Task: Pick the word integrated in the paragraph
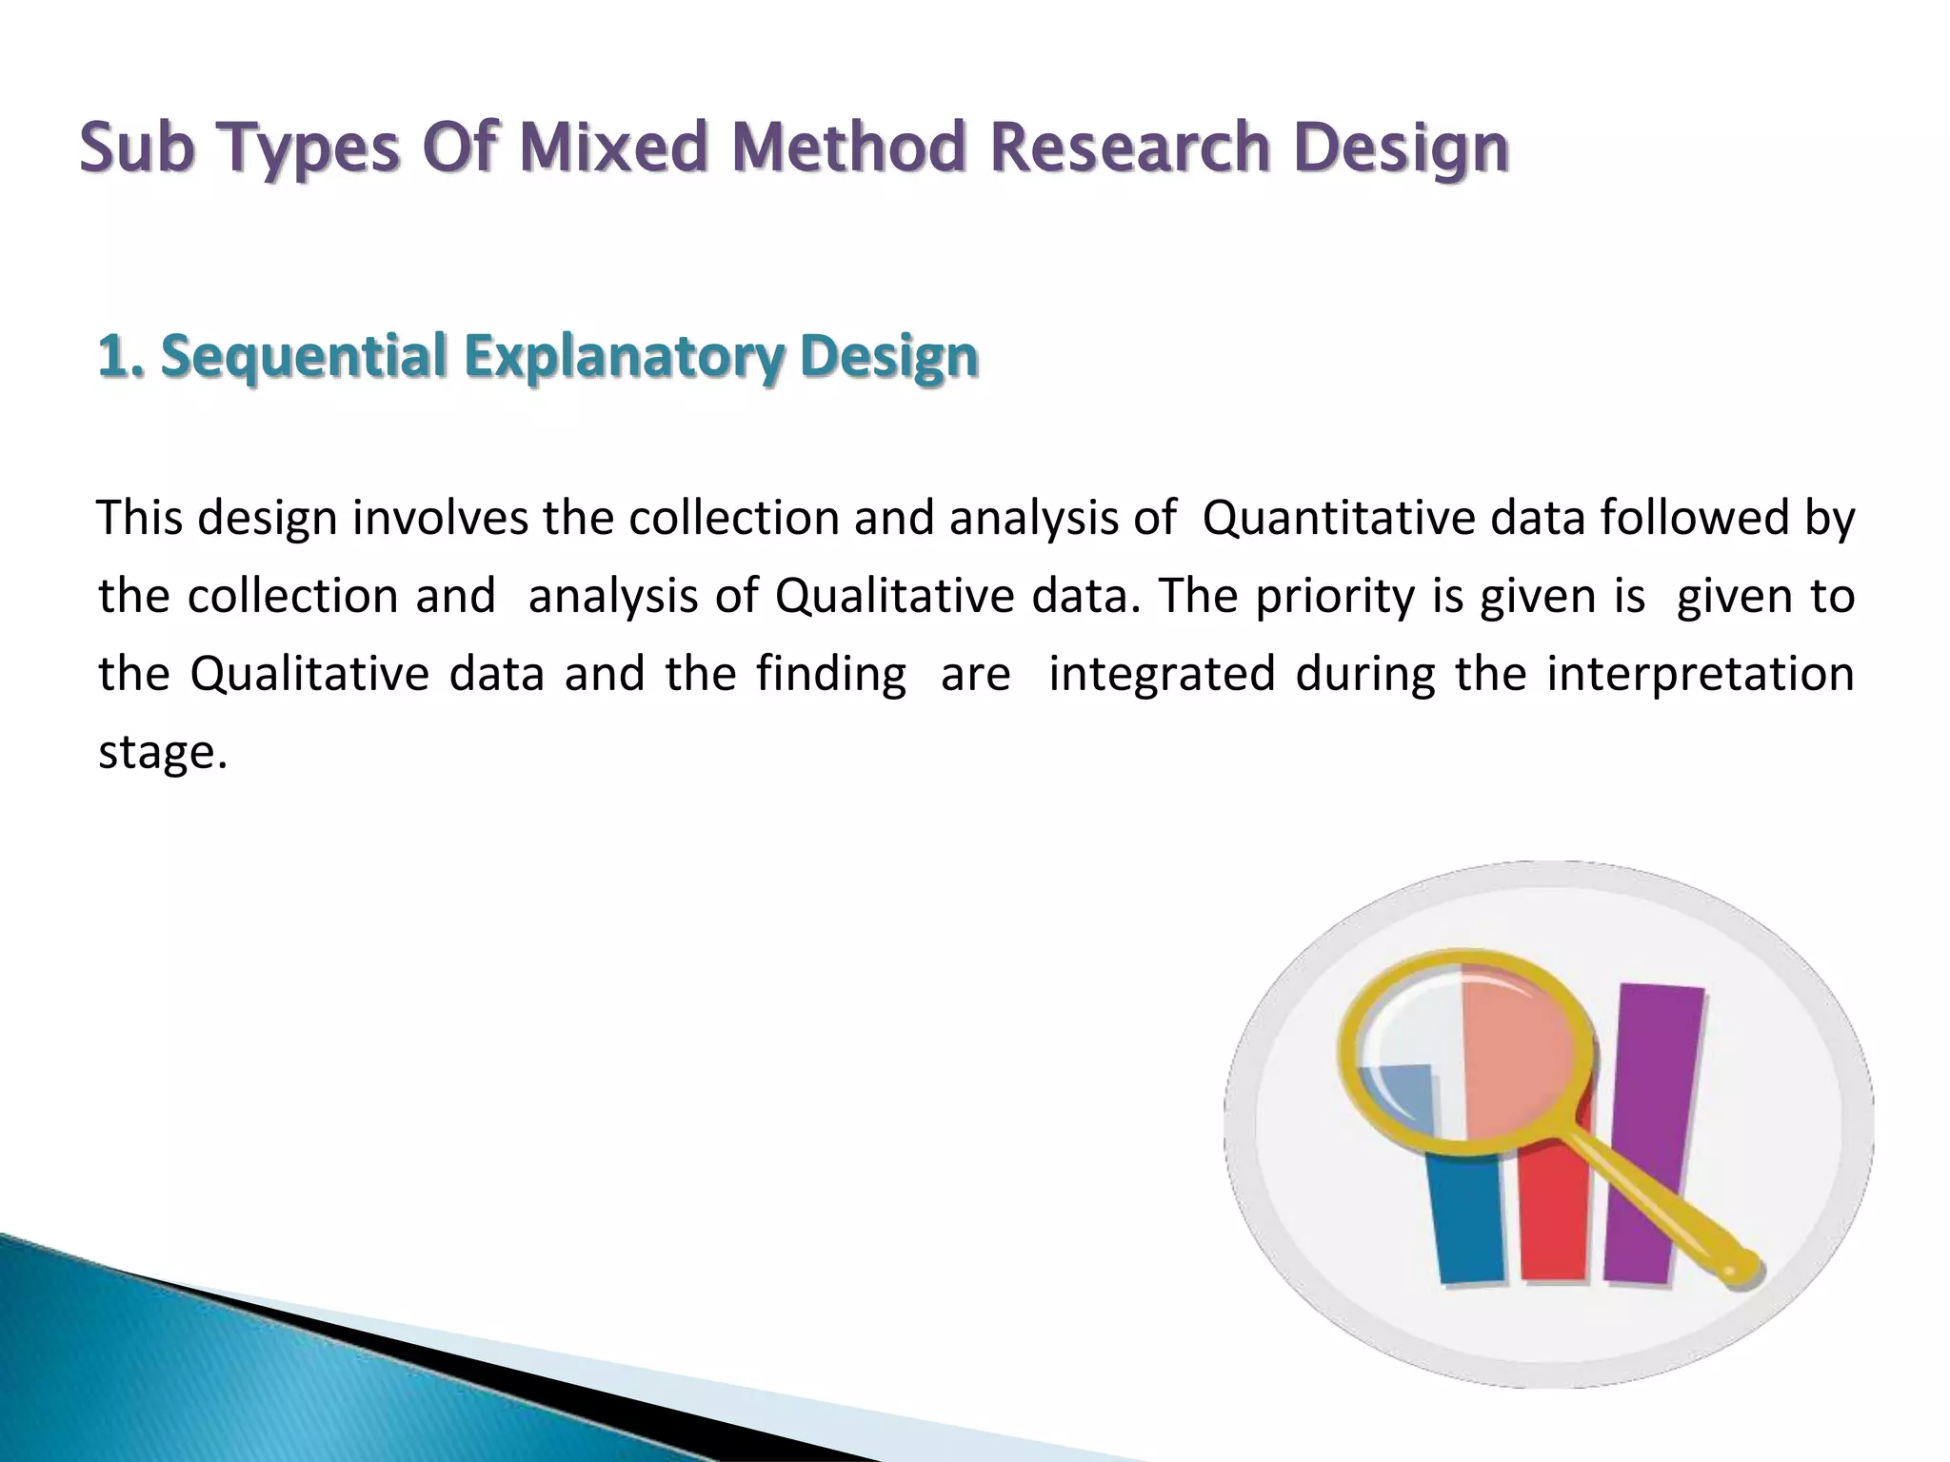(1162, 674)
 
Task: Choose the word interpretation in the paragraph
(1700, 675)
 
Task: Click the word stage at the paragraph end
(157, 753)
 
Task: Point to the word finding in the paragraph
(831, 675)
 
